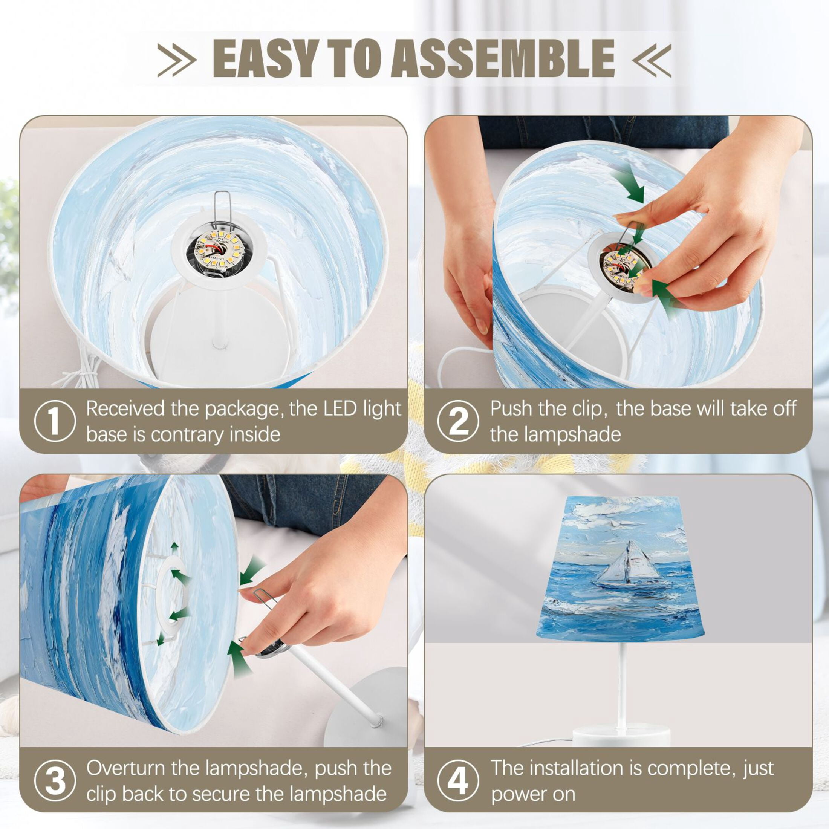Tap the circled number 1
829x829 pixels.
(x=55, y=421)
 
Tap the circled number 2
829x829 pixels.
(x=458, y=421)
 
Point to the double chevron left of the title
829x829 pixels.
(x=177, y=60)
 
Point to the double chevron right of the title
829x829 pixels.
(x=652, y=60)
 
